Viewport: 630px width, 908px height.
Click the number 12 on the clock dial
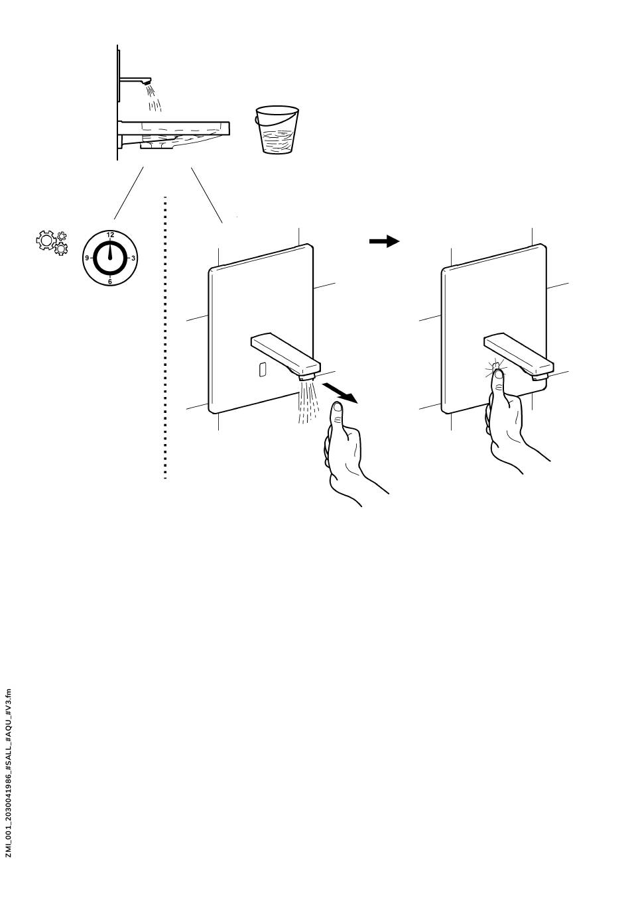[110, 235]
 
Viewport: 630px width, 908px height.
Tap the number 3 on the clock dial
[133, 258]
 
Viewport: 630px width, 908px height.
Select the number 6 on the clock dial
[110, 282]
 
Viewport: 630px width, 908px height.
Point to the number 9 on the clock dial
[87, 258]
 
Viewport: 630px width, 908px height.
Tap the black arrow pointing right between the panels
[384, 242]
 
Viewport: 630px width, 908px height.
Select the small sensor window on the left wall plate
[263, 370]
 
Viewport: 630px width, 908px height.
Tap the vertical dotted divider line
[164, 338]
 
